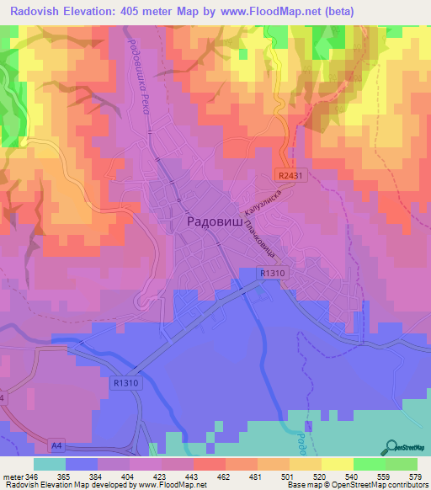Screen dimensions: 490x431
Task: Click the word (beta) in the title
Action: click(x=336, y=11)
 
